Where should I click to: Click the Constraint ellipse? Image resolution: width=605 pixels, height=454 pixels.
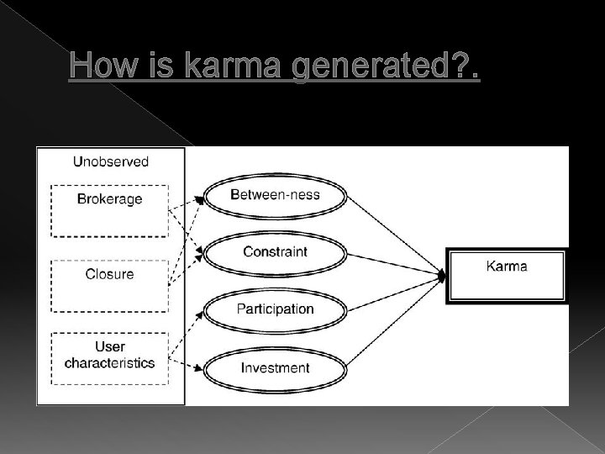tap(275, 251)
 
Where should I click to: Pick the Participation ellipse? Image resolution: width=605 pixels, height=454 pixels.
tap(275, 309)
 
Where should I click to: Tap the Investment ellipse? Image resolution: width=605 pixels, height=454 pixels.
tap(275, 367)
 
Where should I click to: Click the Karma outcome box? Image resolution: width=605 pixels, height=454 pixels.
tap(508, 275)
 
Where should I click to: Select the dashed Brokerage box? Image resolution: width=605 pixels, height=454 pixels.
tap(109, 210)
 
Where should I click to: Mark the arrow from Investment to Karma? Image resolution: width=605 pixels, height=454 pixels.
tap(395, 320)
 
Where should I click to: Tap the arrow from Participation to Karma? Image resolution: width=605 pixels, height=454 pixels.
tap(395, 292)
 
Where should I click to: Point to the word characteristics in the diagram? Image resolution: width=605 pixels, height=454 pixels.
tap(110, 363)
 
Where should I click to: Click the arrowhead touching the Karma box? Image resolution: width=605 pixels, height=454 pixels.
tap(441, 276)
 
